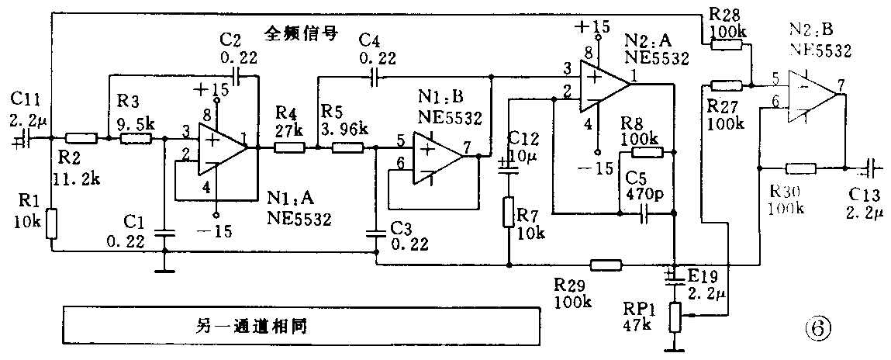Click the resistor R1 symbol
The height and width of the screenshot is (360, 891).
(51, 223)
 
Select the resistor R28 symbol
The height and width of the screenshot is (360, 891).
(726, 44)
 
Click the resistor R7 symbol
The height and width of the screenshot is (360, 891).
(509, 211)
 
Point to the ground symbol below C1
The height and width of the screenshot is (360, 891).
(164, 270)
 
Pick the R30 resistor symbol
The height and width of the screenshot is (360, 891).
(801, 166)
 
